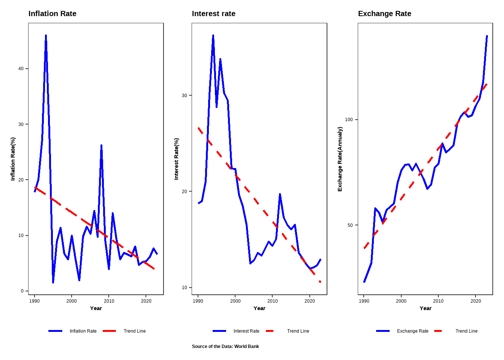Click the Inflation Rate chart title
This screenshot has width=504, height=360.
[x=52, y=14]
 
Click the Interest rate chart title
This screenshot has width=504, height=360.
[x=214, y=14]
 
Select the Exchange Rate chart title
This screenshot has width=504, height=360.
[x=384, y=14]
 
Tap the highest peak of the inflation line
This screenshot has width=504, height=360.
[x=46, y=36]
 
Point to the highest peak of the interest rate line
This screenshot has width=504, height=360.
[x=213, y=36]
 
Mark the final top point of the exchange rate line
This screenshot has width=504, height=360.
[x=487, y=36]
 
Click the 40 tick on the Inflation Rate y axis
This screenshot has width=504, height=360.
[x=21, y=69]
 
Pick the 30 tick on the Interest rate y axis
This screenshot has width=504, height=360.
[x=184, y=96]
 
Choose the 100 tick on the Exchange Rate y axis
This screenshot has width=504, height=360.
[x=349, y=120]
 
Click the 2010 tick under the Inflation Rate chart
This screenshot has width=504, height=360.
[x=109, y=301]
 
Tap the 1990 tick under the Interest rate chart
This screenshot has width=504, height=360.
[x=198, y=301]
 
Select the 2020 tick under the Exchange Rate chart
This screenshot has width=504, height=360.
[x=475, y=301]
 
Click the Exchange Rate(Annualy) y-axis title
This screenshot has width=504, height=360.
[x=340, y=159]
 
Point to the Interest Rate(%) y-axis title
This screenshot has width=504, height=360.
[x=177, y=159]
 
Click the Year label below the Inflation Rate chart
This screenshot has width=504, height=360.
[x=96, y=308]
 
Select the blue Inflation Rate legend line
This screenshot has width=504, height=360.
[x=55, y=331]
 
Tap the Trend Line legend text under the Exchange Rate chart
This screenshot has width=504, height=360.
[x=466, y=331]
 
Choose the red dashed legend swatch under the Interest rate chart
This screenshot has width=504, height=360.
[x=270, y=331]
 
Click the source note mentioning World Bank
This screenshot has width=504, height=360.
[x=225, y=346]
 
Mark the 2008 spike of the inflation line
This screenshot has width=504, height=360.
[x=101, y=145]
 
